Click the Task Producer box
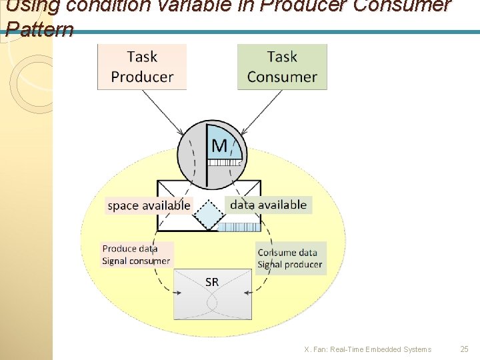[x=142, y=67]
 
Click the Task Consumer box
[x=282, y=67]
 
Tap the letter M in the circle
[x=219, y=145]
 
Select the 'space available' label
[x=149, y=205]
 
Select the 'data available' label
[x=268, y=205]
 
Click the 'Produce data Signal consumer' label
[x=136, y=255]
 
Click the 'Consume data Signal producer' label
[x=290, y=259]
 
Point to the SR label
[x=212, y=282]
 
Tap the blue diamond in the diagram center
[x=211, y=215]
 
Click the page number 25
[x=465, y=349]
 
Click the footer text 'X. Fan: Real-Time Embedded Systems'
[x=367, y=349]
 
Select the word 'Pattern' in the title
[x=39, y=30]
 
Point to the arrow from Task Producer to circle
[x=162, y=113]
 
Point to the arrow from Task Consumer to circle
[x=262, y=113]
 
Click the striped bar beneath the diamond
[x=239, y=227]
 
